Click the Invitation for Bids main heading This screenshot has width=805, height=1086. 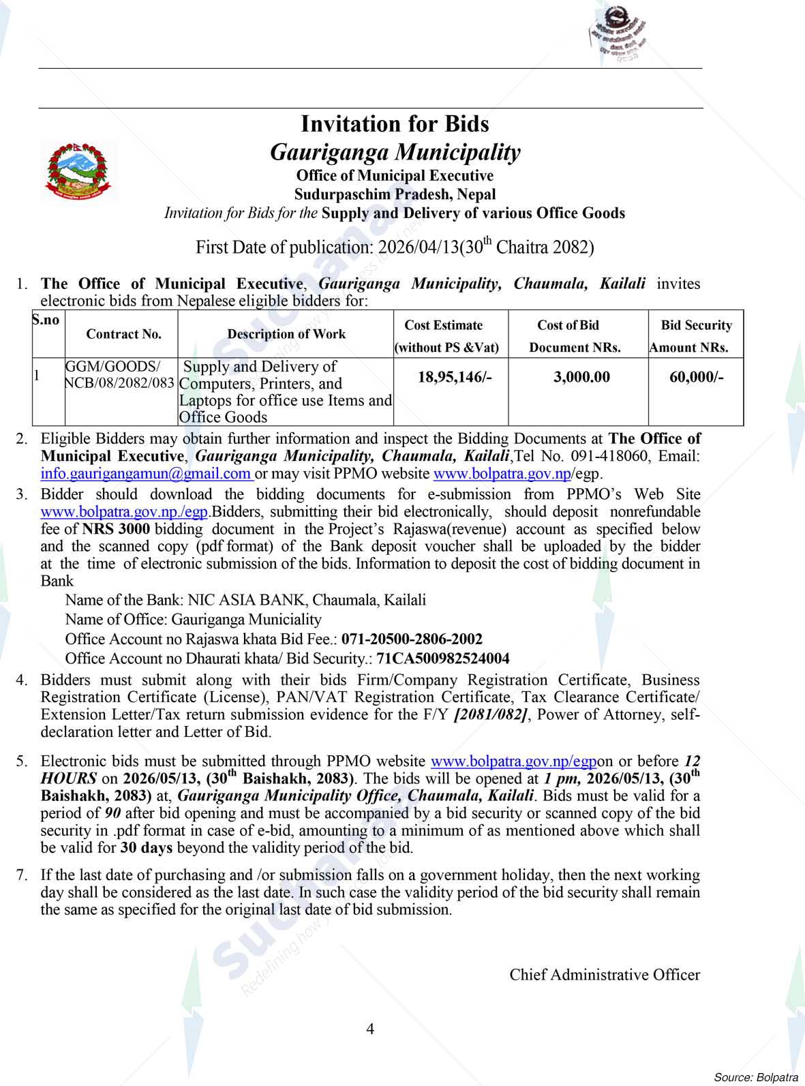[x=395, y=124]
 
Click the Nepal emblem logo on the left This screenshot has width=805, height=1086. [x=77, y=170]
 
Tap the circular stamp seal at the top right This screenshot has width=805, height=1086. [x=618, y=32]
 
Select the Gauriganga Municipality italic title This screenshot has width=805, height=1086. [x=395, y=151]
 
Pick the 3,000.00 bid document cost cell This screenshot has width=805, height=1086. [x=581, y=377]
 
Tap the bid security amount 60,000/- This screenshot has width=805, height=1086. [x=696, y=377]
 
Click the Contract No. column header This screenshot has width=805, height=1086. [x=123, y=334]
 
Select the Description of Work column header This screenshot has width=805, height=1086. [x=286, y=334]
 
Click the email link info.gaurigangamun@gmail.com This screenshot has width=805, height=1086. [x=146, y=474]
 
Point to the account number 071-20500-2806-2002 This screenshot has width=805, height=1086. [x=412, y=639]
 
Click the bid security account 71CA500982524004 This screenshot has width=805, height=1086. [x=442, y=659]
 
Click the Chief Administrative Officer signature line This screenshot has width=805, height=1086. [x=605, y=975]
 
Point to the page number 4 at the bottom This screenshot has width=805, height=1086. [x=370, y=1029]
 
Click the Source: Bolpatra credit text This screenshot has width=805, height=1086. [x=755, y=1077]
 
